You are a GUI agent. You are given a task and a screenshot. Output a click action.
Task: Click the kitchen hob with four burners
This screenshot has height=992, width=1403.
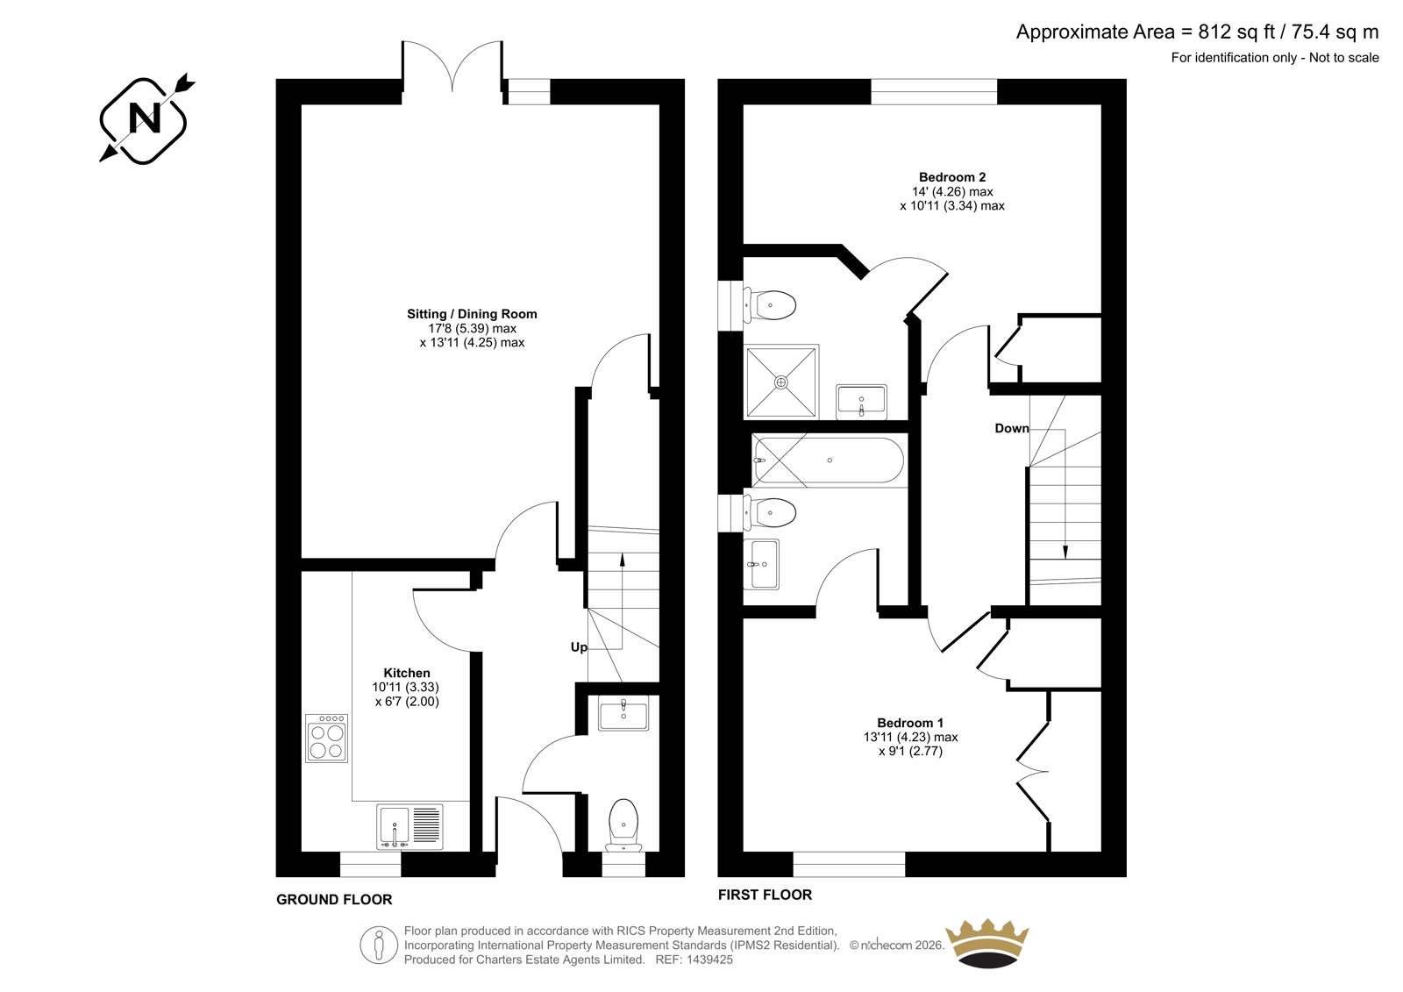coord(326,739)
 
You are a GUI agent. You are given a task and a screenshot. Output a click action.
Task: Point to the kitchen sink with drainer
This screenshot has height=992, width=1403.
coord(410,827)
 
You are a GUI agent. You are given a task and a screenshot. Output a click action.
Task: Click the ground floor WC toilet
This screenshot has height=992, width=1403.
coord(623,825)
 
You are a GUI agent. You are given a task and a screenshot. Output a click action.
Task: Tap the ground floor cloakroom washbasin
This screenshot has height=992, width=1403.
coord(623,712)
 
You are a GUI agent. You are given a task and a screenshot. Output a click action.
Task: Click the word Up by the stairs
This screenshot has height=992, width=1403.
coord(579,646)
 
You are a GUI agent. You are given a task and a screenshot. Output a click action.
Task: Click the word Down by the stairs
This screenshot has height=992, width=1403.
coord(1012,428)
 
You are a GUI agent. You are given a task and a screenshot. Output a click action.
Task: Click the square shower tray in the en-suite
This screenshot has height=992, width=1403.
coord(781,381)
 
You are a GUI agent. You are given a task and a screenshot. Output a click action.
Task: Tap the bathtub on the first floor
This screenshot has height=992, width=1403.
coord(829,460)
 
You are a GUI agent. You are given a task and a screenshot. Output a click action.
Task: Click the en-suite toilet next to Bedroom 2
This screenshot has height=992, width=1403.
coord(770,306)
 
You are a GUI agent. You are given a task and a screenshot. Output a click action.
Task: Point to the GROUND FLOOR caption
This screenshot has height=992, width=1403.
coord(334,899)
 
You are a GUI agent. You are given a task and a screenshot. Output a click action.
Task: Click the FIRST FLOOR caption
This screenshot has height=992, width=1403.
coord(765,895)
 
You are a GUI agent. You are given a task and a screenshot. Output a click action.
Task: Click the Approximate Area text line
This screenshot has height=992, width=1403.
coord(1197,32)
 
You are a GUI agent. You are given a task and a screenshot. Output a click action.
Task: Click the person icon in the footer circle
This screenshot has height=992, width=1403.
coord(378,946)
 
